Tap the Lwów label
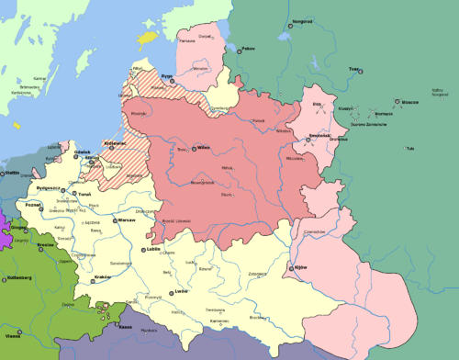[x=180, y=291]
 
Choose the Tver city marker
[x=349, y=68]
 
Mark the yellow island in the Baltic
[x=145, y=39]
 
